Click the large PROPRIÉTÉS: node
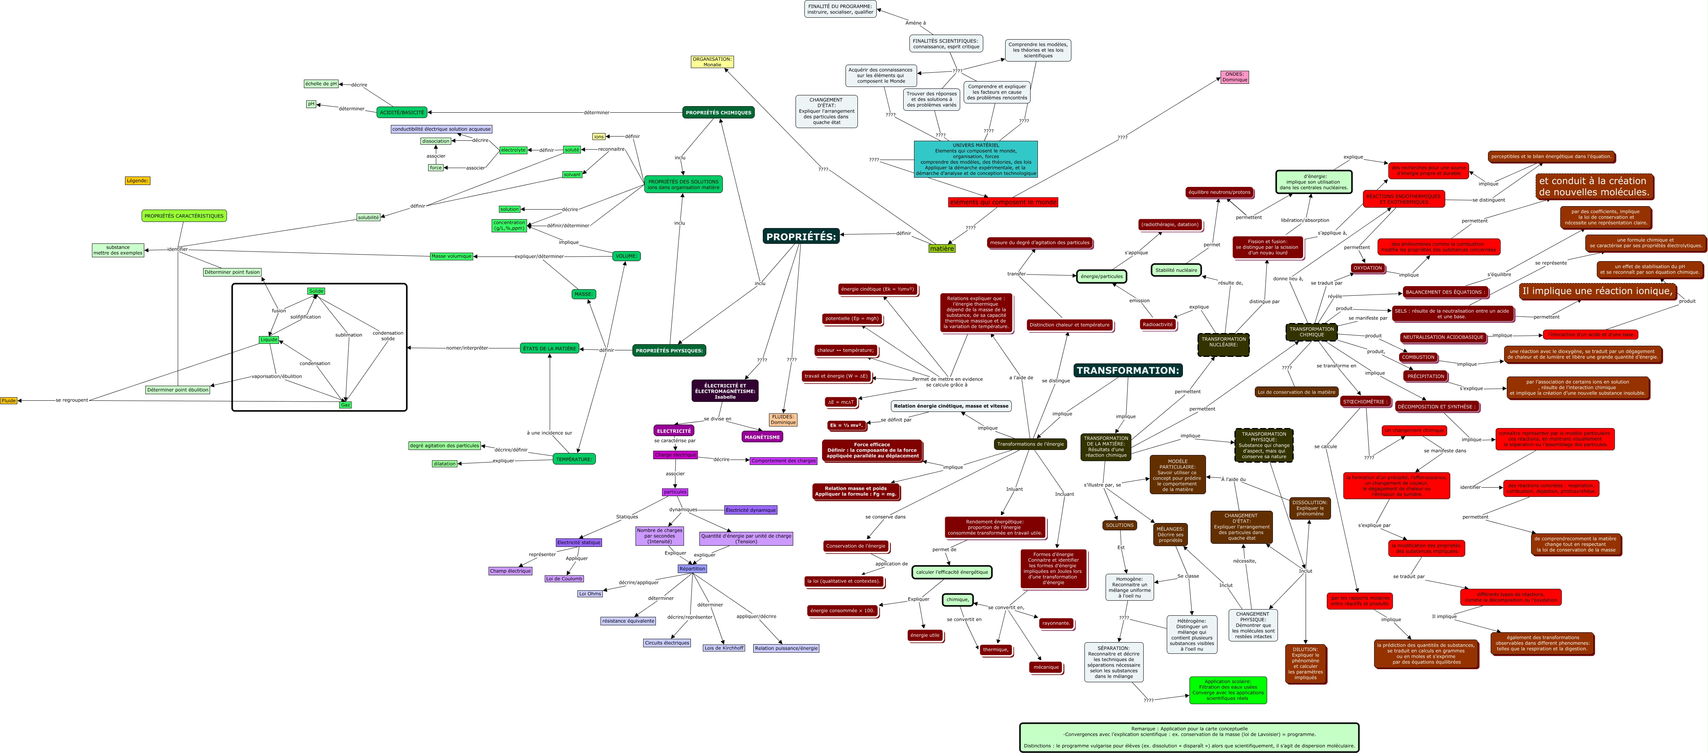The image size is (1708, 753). (x=801, y=236)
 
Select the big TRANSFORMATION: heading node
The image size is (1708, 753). (x=1127, y=370)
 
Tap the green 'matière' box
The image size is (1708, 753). (x=942, y=248)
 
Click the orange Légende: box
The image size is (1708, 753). (x=137, y=180)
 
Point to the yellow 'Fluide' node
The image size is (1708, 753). (x=8, y=400)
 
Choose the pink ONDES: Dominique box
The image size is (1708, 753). (x=1234, y=77)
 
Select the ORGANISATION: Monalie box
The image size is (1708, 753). (x=712, y=62)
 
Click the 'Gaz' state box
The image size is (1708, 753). (x=345, y=404)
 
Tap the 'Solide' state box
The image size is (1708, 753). (x=316, y=291)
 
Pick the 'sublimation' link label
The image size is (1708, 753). (x=348, y=335)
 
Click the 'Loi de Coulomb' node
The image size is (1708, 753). (x=564, y=579)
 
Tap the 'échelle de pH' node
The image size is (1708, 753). (x=321, y=83)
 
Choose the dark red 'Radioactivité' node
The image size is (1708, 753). (x=1158, y=324)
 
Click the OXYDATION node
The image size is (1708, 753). (x=1367, y=268)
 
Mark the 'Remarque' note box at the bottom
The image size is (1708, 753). (x=1189, y=737)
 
